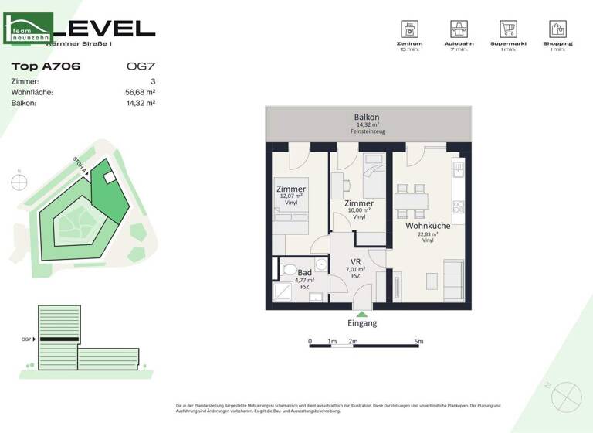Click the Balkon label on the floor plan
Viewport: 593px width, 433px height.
click(x=367, y=117)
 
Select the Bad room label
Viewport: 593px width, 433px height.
click(x=305, y=273)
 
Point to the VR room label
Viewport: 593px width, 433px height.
click(x=356, y=261)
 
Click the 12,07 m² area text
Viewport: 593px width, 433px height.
click(x=291, y=197)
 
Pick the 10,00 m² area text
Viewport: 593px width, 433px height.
click(x=359, y=210)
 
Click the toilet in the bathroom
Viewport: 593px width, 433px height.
click(x=288, y=271)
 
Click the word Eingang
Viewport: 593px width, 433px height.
click(x=363, y=323)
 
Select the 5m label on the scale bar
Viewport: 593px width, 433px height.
click(x=419, y=341)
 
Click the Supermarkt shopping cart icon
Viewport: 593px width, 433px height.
click(x=507, y=30)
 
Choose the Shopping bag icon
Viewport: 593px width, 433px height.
click(x=557, y=30)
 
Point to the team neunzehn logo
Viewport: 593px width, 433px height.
click(x=29, y=29)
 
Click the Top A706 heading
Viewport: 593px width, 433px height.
click(x=46, y=66)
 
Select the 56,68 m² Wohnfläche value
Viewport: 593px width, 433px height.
click(x=141, y=92)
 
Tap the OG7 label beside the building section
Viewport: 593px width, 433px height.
click(x=26, y=339)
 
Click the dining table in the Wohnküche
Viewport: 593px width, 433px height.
click(x=411, y=199)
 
